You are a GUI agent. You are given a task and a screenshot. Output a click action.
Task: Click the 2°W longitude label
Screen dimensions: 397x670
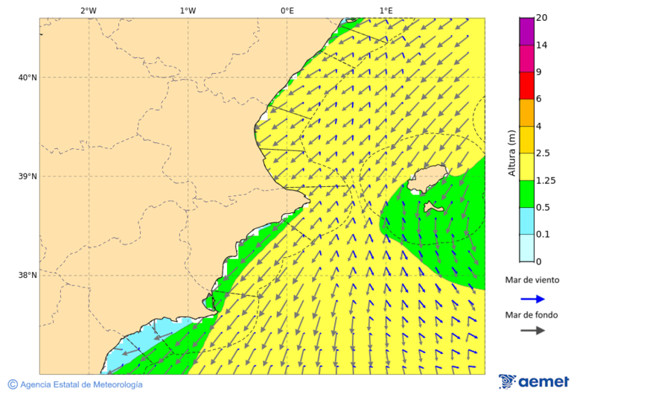point(88,10)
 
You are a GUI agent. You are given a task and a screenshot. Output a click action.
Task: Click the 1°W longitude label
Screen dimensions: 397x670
point(188,10)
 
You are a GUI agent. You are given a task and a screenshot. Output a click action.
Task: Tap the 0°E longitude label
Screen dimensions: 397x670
point(287,10)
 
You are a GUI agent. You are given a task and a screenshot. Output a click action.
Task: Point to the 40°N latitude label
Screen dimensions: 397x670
point(28,77)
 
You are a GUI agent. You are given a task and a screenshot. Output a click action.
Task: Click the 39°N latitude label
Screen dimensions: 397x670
point(28,177)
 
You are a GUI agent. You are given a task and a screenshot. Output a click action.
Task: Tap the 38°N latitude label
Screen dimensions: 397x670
point(28,276)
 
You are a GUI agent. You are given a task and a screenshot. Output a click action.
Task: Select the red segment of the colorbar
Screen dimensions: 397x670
point(526,86)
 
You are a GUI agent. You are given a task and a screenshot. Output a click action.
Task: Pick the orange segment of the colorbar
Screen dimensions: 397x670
point(526,112)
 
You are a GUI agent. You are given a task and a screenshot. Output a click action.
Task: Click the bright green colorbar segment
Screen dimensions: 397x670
point(526,194)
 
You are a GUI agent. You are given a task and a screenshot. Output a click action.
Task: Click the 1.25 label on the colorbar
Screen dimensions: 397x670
point(546,180)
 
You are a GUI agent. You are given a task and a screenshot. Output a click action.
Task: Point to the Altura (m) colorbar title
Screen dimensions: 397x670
point(511,153)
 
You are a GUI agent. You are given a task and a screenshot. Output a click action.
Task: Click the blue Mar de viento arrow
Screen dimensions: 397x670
point(532,299)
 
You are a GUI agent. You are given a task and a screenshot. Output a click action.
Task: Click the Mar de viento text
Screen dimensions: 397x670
point(532,280)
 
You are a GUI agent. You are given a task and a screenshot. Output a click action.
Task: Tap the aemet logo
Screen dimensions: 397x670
point(534,381)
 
